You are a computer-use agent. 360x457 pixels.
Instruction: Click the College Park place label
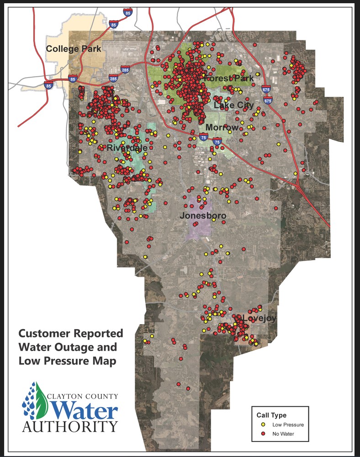click(x=74, y=48)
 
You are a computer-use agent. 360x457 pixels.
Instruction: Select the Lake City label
click(x=233, y=105)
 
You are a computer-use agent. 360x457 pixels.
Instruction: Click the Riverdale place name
click(x=125, y=148)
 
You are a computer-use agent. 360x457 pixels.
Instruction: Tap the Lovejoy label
click(x=259, y=318)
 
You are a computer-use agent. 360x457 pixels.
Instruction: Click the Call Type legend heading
click(x=272, y=415)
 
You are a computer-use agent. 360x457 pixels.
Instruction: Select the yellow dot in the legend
click(x=264, y=425)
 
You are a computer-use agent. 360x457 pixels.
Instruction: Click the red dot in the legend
click(x=264, y=434)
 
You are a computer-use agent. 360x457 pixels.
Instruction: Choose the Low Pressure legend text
click(x=288, y=425)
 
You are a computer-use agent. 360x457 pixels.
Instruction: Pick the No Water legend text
click(x=284, y=434)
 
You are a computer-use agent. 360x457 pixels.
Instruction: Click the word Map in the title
click(x=106, y=360)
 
